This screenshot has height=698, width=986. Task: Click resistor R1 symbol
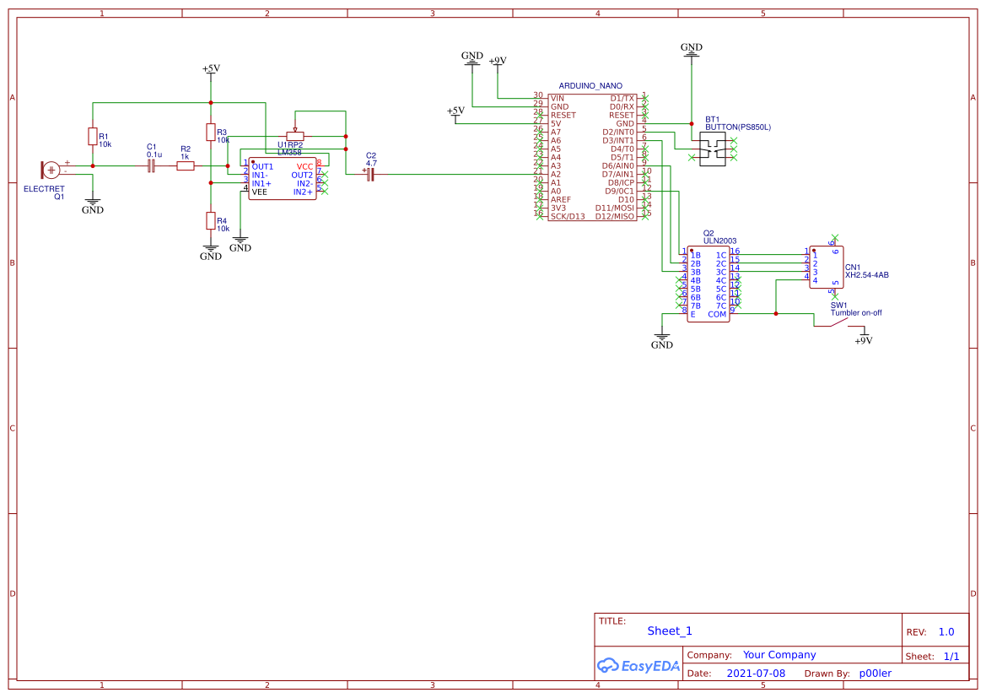click(x=92, y=137)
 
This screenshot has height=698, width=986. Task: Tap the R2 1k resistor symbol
click(x=186, y=166)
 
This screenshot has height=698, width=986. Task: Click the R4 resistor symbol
click(x=210, y=220)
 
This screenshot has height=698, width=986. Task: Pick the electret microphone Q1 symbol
click(x=51, y=169)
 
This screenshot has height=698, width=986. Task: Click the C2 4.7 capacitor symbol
click(x=369, y=174)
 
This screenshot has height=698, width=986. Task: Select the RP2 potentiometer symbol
click(x=294, y=136)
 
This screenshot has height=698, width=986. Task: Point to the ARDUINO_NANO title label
click(x=590, y=86)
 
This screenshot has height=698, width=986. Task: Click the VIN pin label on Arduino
click(x=558, y=98)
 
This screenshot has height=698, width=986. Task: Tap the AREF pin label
click(x=560, y=199)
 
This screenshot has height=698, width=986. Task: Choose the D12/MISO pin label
click(x=614, y=216)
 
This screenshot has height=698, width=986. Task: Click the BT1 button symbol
click(x=712, y=149)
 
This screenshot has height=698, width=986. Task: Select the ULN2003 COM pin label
click(x=717, y=314)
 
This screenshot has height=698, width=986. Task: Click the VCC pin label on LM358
click(x=304, y=166)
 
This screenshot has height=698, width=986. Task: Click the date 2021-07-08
click(x=756, y=673)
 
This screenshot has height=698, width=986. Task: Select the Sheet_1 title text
click(x=670, y=630)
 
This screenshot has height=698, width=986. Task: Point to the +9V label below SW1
click(x=863, y=341)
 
